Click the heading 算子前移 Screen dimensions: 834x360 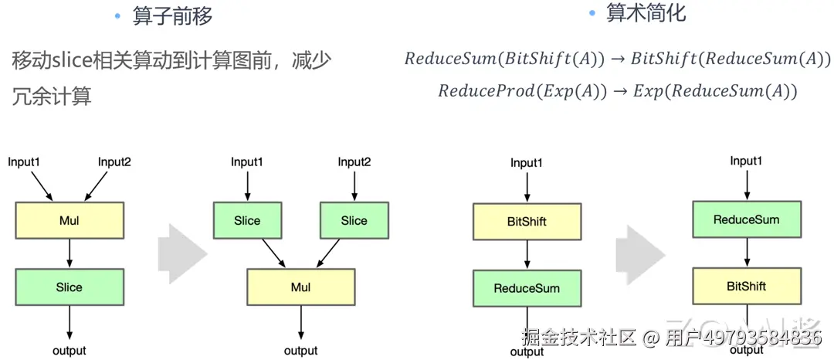point(172,17)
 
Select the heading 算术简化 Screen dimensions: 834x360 point(646,14)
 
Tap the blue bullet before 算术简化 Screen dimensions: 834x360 point(592,14)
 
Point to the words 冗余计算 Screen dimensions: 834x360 point(52,97)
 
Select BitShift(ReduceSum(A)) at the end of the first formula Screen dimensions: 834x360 point(731,58)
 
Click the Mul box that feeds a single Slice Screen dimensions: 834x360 point(69,220)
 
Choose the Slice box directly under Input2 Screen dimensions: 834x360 point(354,220)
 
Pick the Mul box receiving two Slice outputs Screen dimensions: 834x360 point(300,287)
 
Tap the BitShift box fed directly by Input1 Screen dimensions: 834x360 point(527,221)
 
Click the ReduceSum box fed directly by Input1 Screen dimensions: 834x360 point(747,219)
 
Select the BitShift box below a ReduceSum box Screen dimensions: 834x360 point(747,286)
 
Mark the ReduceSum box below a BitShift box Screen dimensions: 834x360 point(527,288)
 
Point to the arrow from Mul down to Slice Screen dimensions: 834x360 point(69,253)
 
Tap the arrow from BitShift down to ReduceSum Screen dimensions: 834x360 point(527,255)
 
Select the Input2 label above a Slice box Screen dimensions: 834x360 point(354,161)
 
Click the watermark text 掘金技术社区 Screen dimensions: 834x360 point(580,337)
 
